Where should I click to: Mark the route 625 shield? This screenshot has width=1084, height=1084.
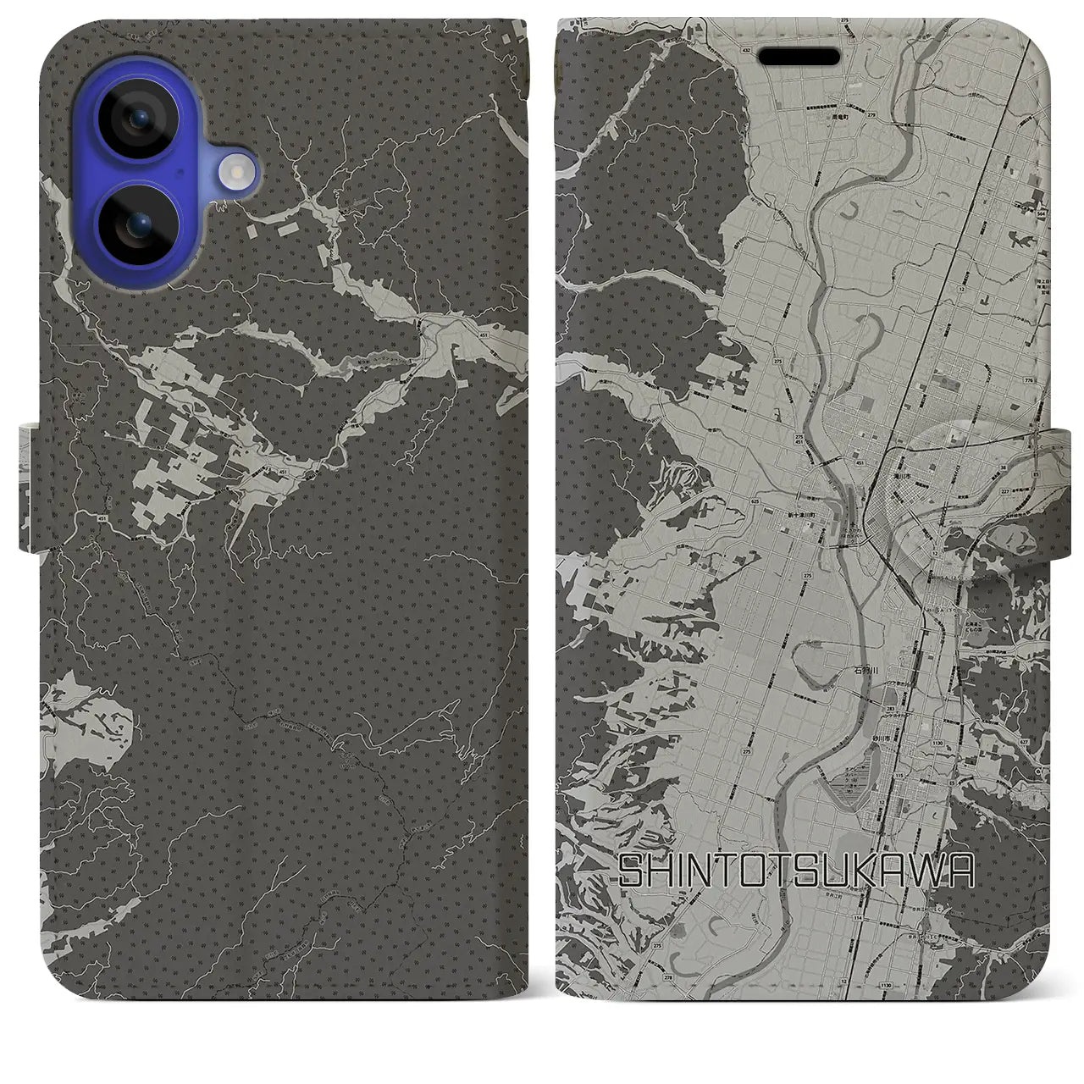(755, 501)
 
